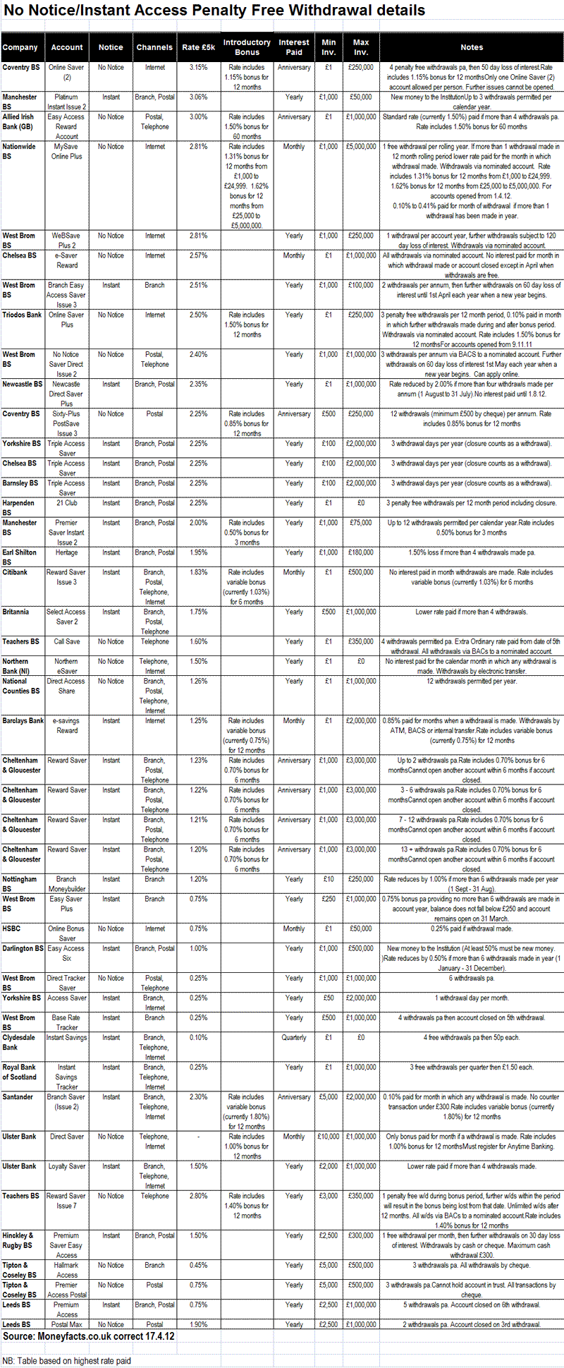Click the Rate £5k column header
click(198, 47)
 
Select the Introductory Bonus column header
click(247, 47)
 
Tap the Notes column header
click(472, 47)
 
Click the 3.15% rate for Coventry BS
click(198, 68)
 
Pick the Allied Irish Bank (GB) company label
click(18, 121)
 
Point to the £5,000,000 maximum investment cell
click(361, 147)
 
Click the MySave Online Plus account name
click(67, 152)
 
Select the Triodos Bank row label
click(22, 315)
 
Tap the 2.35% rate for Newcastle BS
click(198, 385)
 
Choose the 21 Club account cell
click(67, 503)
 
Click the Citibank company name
click(16, 572)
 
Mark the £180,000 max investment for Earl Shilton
click(361, 552)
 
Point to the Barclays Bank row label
click(23, 721)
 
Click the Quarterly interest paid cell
click(294, 1038)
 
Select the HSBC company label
click(12, 929)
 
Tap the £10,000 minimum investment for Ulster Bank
click(328, 1137)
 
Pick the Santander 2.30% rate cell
click(198, 1097)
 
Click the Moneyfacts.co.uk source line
click(88, 1336)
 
